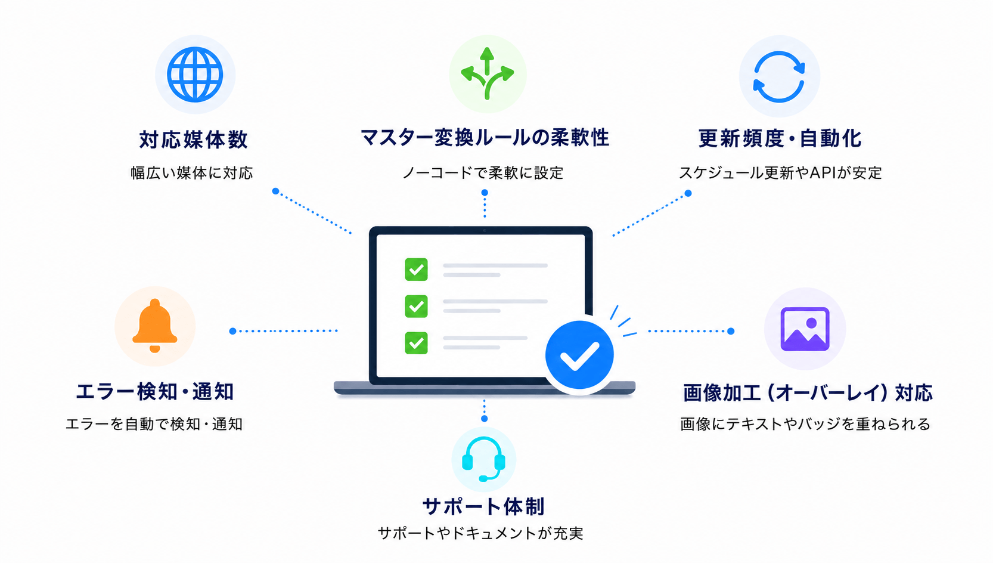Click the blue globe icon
[x=195, y=75]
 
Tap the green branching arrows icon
[x=487, y=73]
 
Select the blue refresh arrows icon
[x=779, y=77]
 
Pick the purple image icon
[x=805, y=329]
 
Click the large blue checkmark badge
[x=579, y=355]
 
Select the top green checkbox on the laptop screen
[x=416, y=270]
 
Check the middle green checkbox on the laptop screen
[x=416, y=306]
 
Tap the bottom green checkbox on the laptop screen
[x=416, y=343]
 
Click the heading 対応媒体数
[x=193, y=140]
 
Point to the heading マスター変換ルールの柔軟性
[x=485, y=138]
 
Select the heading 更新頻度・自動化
[x=780, y=138]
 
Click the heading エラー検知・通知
[x=155, y=392]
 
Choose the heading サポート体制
[x=483, y=506]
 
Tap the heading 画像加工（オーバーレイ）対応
[x=808, y=393]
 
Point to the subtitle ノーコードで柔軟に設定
[x=483, y=172]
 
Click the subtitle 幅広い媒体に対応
[x=191, y=172]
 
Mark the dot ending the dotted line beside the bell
[x=232, y=331]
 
